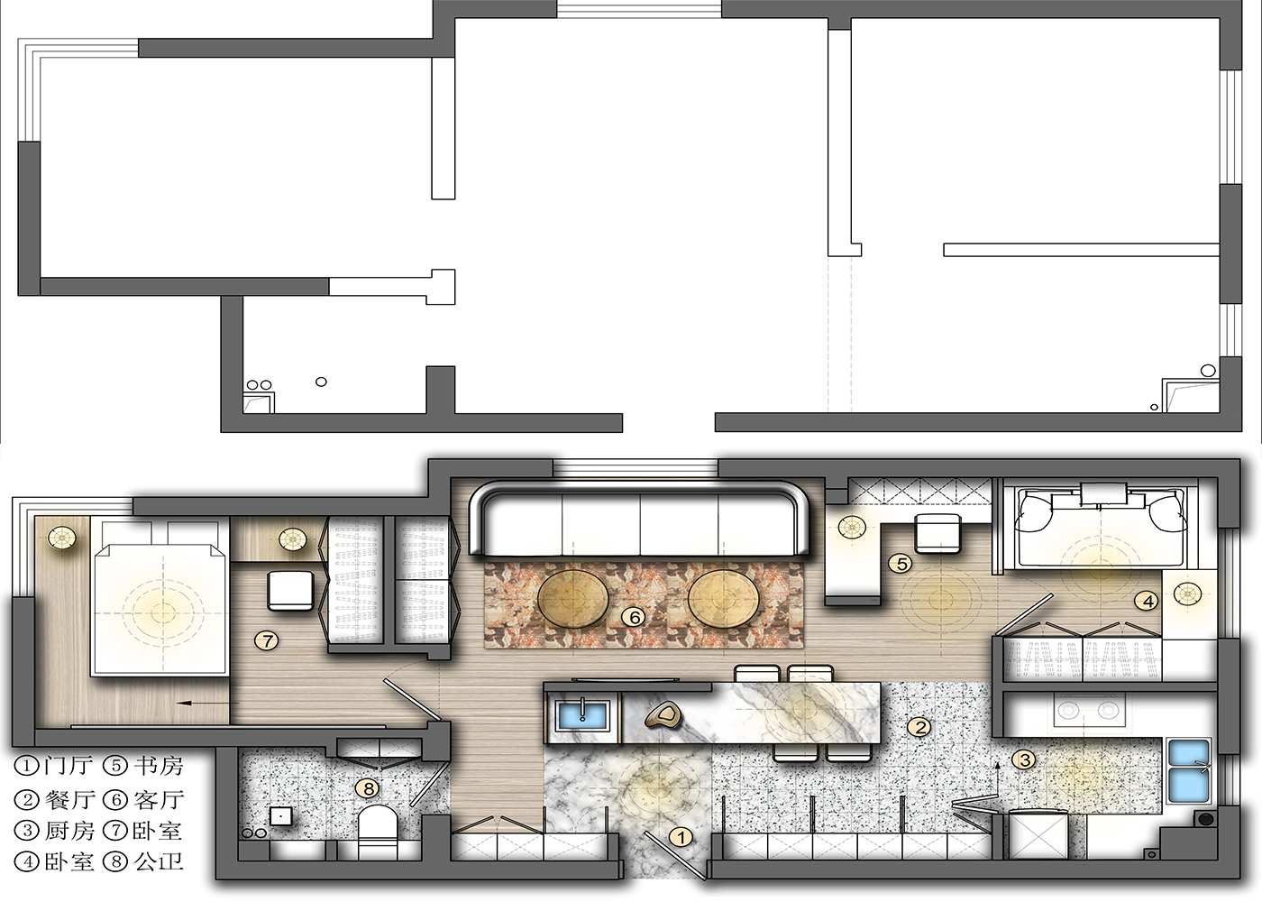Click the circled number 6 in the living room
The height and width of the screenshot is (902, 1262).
coord(635,617)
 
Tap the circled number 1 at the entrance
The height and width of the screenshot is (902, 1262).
coord(681,837)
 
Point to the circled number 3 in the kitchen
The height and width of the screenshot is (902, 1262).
coord(1025,760)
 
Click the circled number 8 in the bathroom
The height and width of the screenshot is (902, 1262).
coord(368,788)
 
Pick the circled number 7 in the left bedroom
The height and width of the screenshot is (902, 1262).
coord(266,640)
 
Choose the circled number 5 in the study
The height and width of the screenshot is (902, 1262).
coord(901,564)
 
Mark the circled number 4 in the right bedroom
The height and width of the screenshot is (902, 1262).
coord(1147,601)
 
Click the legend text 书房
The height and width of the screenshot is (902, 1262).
coord(159,766)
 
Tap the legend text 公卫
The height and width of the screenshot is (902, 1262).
coord(159,861)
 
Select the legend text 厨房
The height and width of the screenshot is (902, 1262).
coord(69,830)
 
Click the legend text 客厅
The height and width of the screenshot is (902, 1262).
coord(159,799)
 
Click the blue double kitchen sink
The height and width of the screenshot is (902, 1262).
coord(1189,770)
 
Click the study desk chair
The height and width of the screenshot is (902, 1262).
coord(938,532)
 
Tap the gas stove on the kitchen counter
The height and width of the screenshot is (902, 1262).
coord(1088,711)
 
